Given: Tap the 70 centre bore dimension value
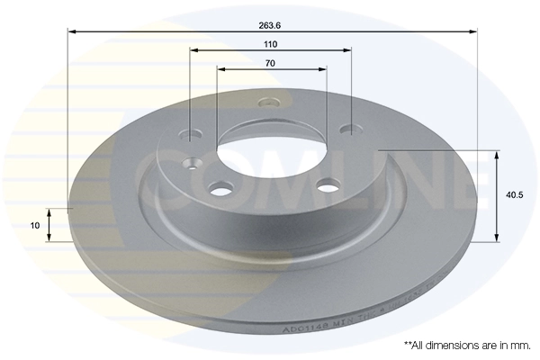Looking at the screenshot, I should pos(270,62).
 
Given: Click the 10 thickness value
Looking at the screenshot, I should pos(34,226).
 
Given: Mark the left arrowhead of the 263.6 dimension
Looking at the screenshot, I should pos(73,32).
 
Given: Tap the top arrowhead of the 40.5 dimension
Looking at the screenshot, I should pos(496,155).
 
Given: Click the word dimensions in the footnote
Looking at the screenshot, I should pos(460,345).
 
